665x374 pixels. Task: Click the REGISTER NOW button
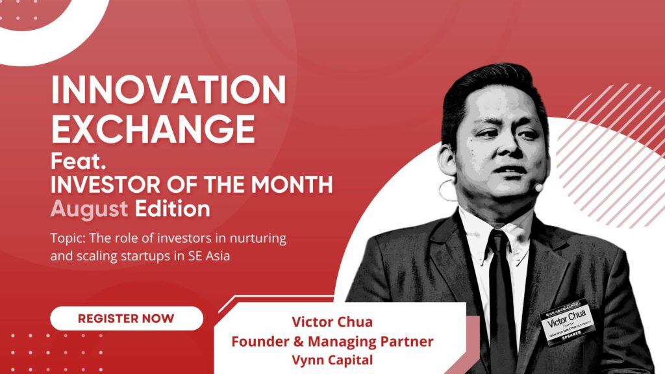click(x=126, y=318)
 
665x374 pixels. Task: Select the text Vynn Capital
click(x=332, y=359)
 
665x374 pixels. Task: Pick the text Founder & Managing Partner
click(x=332, y=341)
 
